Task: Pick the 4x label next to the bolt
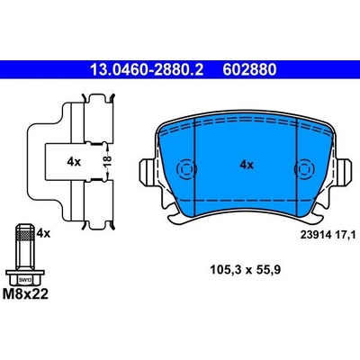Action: pos(43,231)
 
